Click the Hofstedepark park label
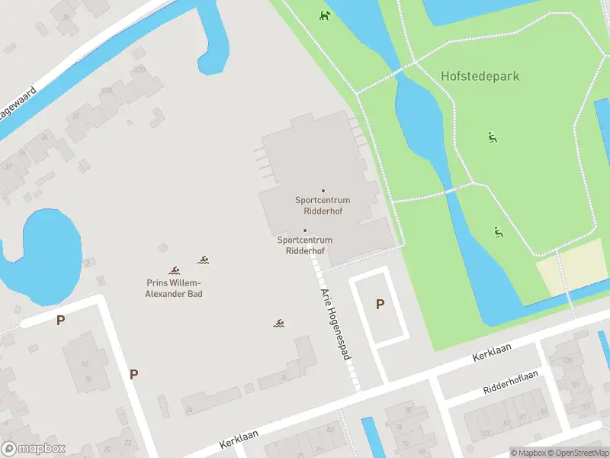[x=479, y=76]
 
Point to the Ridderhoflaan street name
[x=510, y=383]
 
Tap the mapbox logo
[x=34, y=449]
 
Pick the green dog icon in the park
[x=326, y=16]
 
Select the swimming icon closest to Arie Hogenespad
[x=280, y=324]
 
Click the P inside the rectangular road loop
[x=380, y=305]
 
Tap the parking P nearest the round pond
[x=60, y=321]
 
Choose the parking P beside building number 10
[x=133, y=374]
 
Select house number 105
[x=566, y=362]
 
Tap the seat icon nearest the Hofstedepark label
[x=493, y=137]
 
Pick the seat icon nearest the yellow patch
[x=498, y=232]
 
